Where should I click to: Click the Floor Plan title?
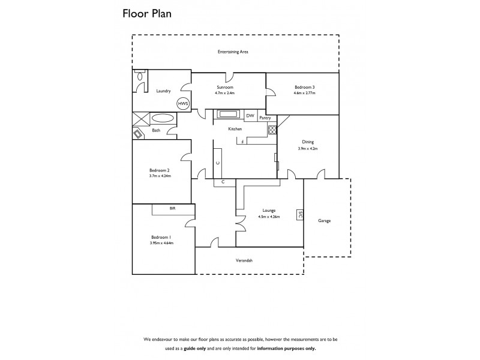(147, 14)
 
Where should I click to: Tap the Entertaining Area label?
(233, 52)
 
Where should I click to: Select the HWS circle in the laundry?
(182, 103)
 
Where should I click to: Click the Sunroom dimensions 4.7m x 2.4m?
(225, 94)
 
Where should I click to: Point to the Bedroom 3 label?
(304, 87)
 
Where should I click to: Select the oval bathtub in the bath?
(162, 118)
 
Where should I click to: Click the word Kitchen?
(235, 129)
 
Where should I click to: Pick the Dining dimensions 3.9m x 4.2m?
(308, 148)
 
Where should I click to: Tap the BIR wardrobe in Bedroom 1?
(172, 209)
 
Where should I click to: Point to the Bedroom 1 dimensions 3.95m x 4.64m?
(161, 243)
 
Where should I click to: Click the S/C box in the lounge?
(300, 215)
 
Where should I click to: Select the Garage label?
(325, 221)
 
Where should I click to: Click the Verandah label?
(243, 260)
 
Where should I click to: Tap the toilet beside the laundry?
(140, 77)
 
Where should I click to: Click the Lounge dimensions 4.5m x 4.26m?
(269, 217)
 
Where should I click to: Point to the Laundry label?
(163, 91)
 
